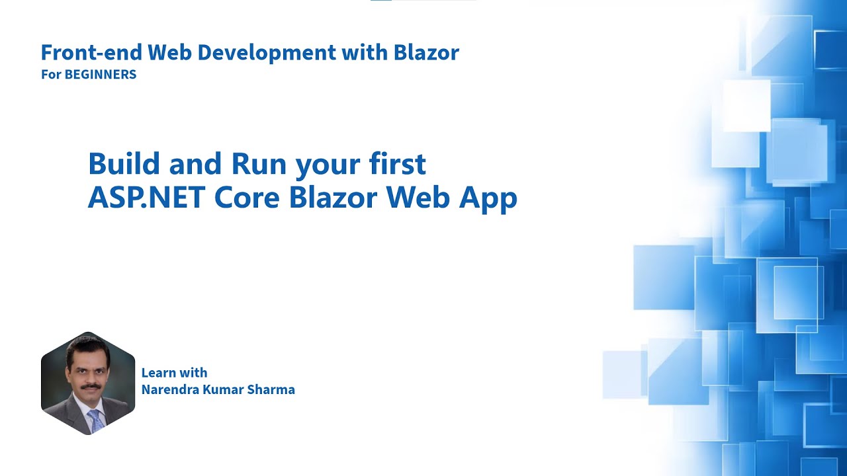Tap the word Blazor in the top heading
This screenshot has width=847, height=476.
pos(426,52)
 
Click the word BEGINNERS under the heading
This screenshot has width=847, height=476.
pos(100,75)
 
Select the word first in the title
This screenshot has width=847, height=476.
pos(398,164)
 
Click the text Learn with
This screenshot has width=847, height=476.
pos(174,373)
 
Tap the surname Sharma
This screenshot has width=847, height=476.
pos(271,389)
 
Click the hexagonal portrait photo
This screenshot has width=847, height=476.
pos(87,383)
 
